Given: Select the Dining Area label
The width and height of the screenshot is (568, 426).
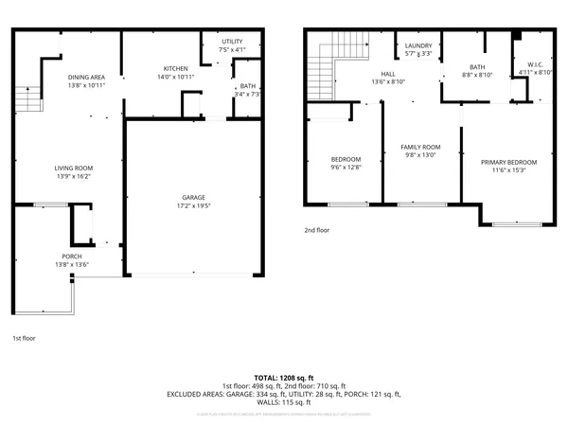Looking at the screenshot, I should (85, 79).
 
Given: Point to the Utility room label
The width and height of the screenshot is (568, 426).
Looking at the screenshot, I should (232, 42).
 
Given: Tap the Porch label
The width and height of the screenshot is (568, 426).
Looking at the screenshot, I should (72, 256).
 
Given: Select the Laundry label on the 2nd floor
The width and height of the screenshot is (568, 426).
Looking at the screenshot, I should (418, 45).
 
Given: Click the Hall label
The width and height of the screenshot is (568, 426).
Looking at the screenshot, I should (388, 73).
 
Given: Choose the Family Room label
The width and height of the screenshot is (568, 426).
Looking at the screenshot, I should (421, 147).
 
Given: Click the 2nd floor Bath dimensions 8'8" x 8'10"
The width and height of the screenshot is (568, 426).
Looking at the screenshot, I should (477, 76).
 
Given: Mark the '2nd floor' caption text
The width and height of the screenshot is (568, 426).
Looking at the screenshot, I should (316, 230).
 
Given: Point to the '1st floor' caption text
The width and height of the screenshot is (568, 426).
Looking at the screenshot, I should (25, 338).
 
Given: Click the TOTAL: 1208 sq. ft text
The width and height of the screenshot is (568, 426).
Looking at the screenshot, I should (283, 377).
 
